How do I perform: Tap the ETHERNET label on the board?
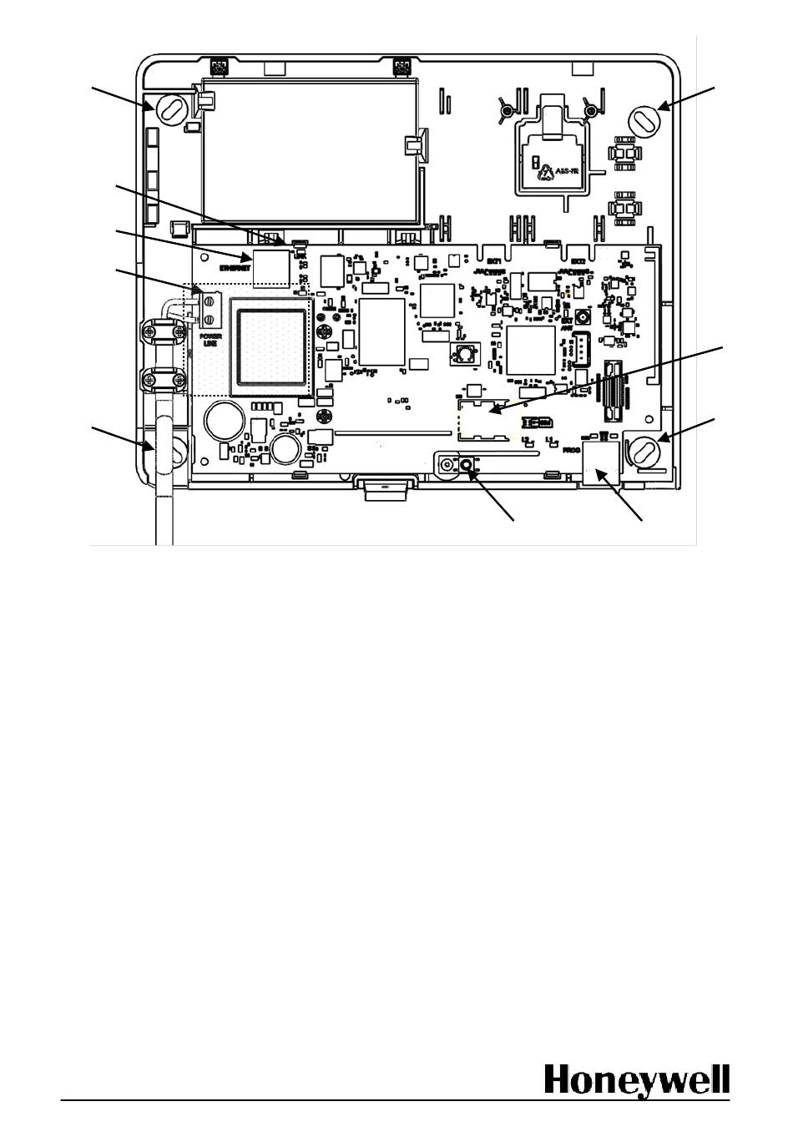point(235,268)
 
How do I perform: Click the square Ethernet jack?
point(271,266)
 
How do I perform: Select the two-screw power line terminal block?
point(210,311)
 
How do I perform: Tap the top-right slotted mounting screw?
point(644,119)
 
